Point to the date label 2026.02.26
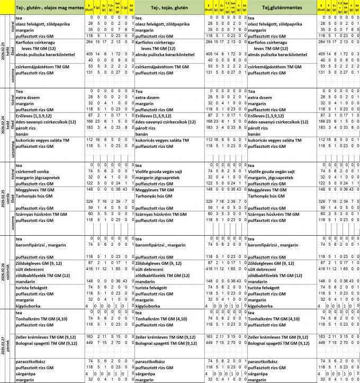pos(3,273)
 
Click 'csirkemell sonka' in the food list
pos(32,172)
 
